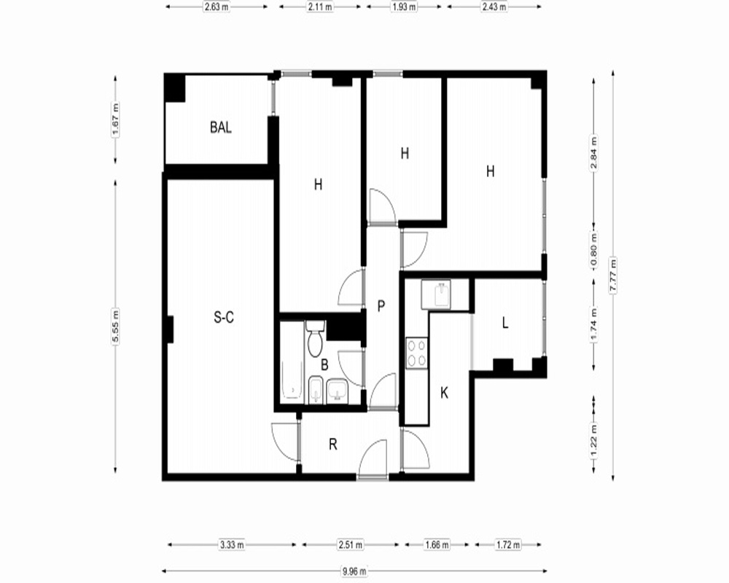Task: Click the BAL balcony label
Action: point(221,128)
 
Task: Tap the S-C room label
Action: point(224,318)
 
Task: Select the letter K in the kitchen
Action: point(444,394)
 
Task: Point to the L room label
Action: point(505,323)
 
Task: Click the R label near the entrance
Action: point(333,445)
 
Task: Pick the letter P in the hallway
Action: point(381,306)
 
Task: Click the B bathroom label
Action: point(324,365)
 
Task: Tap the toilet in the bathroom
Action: point(315,338)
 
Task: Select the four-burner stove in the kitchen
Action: point(416,353)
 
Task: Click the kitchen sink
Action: point(436,294)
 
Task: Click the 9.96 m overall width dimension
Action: point(354,571)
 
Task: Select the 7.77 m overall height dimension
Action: point(613,277)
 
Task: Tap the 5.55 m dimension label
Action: point(115,326)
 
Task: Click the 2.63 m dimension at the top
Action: point(217,7)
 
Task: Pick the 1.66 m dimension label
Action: point(437,544)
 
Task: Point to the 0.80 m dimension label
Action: point(593,251)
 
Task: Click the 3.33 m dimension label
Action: point(232,544)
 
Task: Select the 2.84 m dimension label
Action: point(593,154)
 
